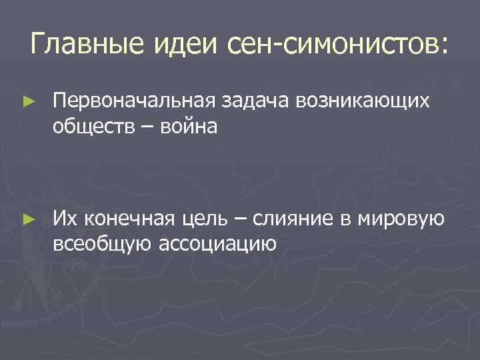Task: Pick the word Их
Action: (x=66, y=217)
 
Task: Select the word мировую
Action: (x=398, y=217)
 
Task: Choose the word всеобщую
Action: (x=103, y=241)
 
